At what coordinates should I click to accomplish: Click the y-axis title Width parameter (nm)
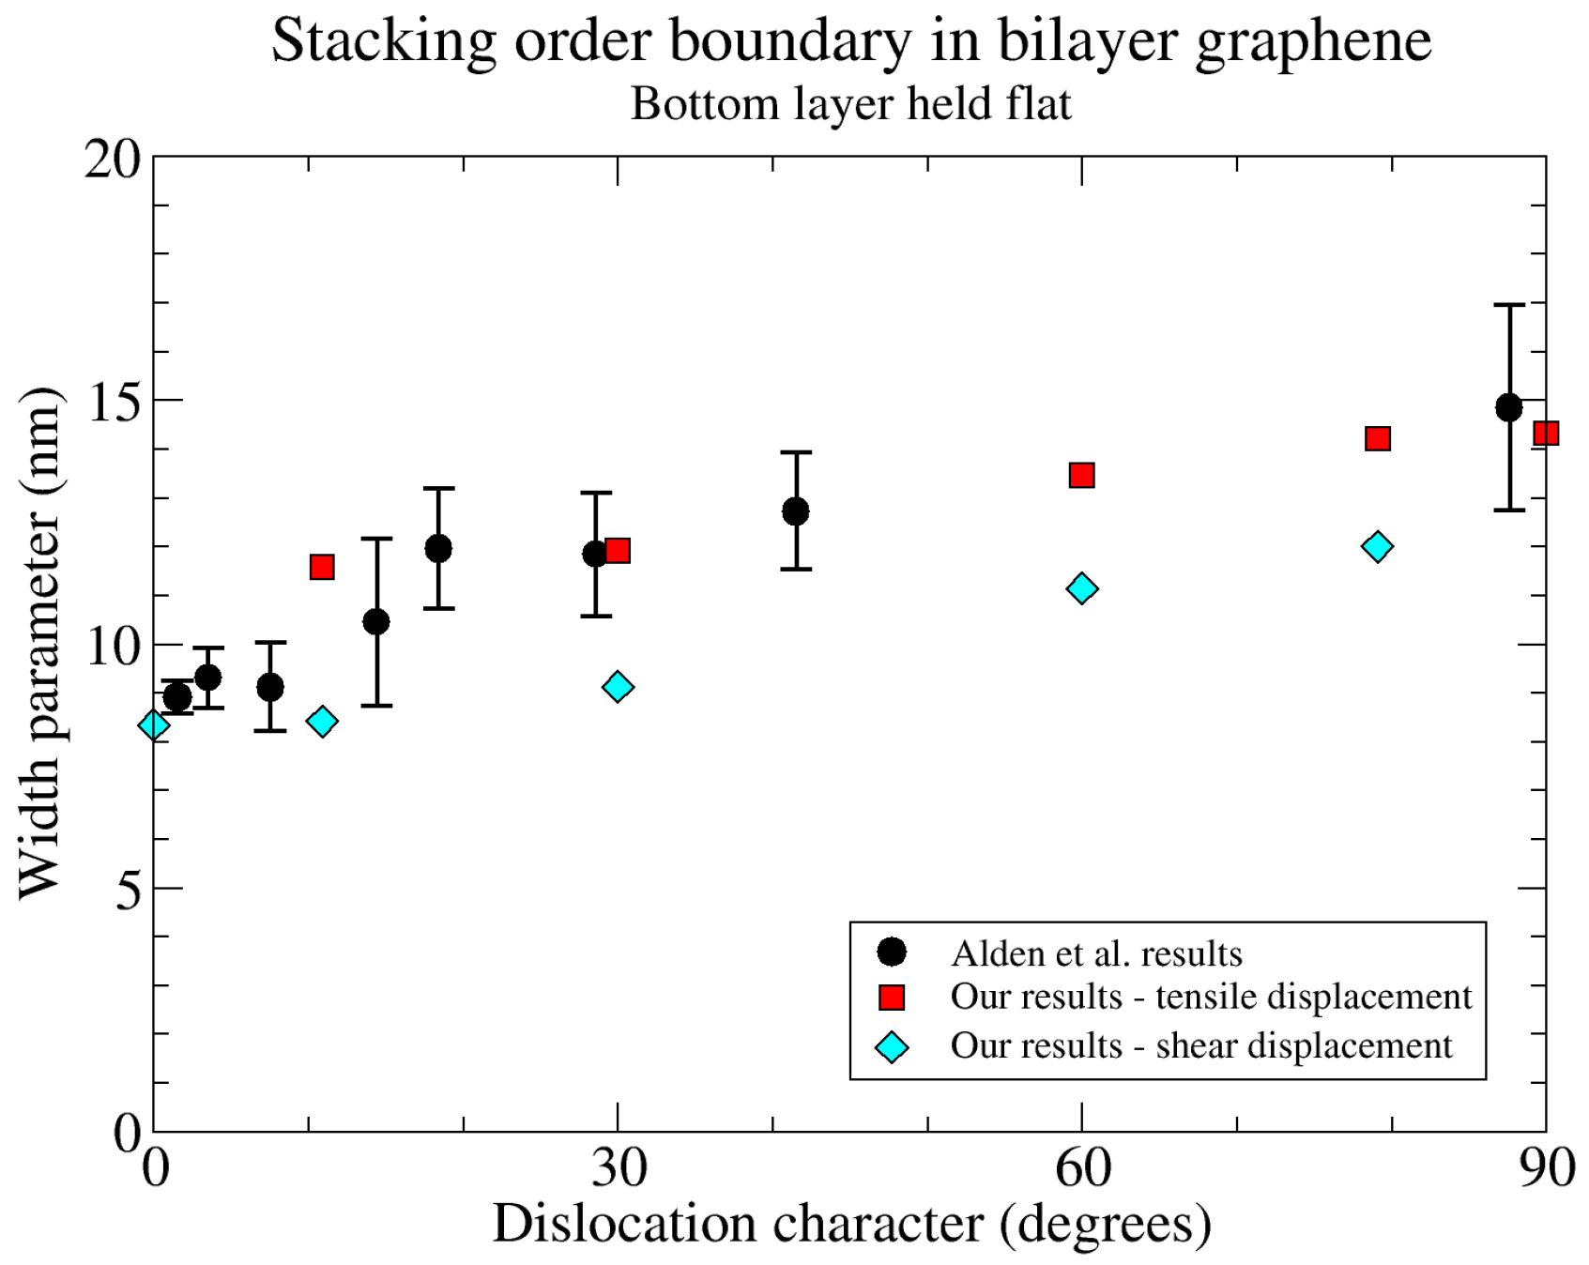(x=39, y=644)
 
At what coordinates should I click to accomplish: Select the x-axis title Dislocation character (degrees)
(x=850, y=1225)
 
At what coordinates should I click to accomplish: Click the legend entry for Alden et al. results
(x=1095, y=953)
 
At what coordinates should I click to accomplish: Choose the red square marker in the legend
(x=891, y=998)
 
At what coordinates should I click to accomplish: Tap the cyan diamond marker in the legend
(x=891, y=1047)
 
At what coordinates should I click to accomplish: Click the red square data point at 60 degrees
(x=1081, y=476)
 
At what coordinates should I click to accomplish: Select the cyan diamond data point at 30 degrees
(x=618, y=687)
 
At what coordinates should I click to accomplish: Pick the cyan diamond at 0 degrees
(x=154, y=725)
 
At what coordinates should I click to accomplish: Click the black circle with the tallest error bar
(x=1508, y=408)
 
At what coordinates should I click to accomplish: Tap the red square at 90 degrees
(x=1545, y=434)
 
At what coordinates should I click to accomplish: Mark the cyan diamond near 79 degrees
(x=1377, y=546)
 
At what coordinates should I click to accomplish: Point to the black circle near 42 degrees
(x=795, y=511)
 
